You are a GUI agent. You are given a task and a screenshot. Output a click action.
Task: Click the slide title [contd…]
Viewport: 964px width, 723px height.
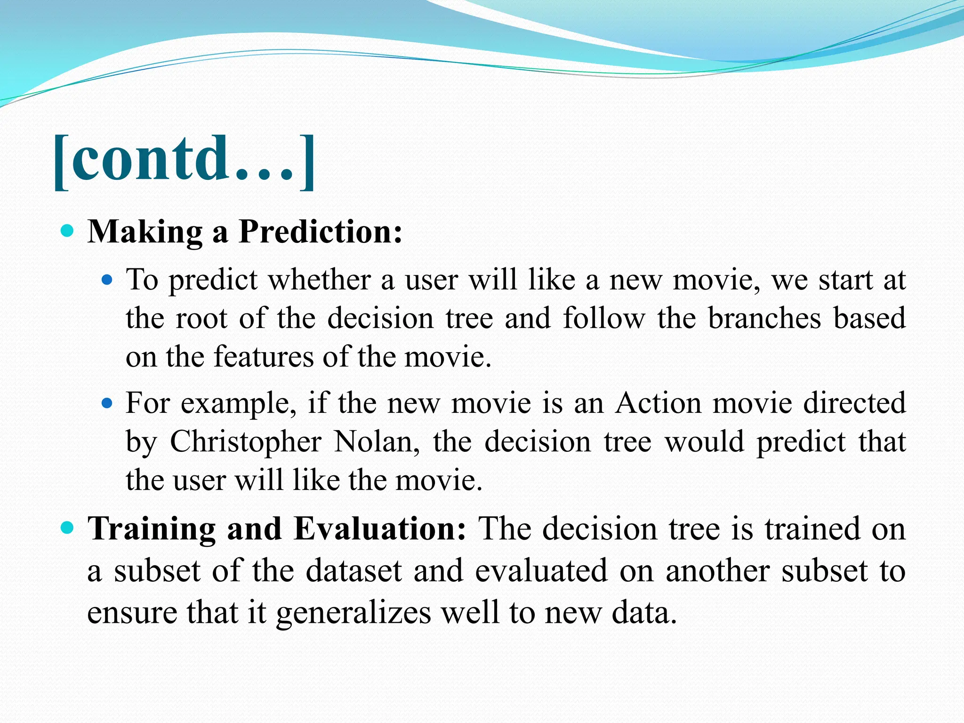click(x=184, y=161)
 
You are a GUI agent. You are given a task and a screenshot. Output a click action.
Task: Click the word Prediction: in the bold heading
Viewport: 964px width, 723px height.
click(x=321, y=232)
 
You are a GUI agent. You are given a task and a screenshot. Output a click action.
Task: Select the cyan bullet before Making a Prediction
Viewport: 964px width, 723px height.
click(x=68, y=231)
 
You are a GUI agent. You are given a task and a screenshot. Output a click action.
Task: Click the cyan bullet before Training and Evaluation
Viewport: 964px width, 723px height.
click(x=68, y=527)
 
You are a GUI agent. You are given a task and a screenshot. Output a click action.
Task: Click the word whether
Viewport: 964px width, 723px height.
click(x=320, y=280)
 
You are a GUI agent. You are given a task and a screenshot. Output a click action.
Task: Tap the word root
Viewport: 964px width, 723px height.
click(x=201, y=318)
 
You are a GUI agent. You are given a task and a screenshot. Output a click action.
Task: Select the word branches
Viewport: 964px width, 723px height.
click(x=764, y=318)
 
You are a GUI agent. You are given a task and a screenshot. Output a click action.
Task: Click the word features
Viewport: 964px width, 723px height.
click(x=264, y=356)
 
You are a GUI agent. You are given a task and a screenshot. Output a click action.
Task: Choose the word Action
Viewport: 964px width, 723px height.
click(x=658, y=403)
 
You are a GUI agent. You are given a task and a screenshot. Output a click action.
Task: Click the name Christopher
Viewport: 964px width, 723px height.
click(x=246, y=442)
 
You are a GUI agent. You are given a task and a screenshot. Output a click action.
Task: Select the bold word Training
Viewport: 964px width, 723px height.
click(x=152, y=529)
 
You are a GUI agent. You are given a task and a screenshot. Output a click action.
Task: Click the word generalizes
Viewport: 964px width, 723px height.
click(x=353, y=613)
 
